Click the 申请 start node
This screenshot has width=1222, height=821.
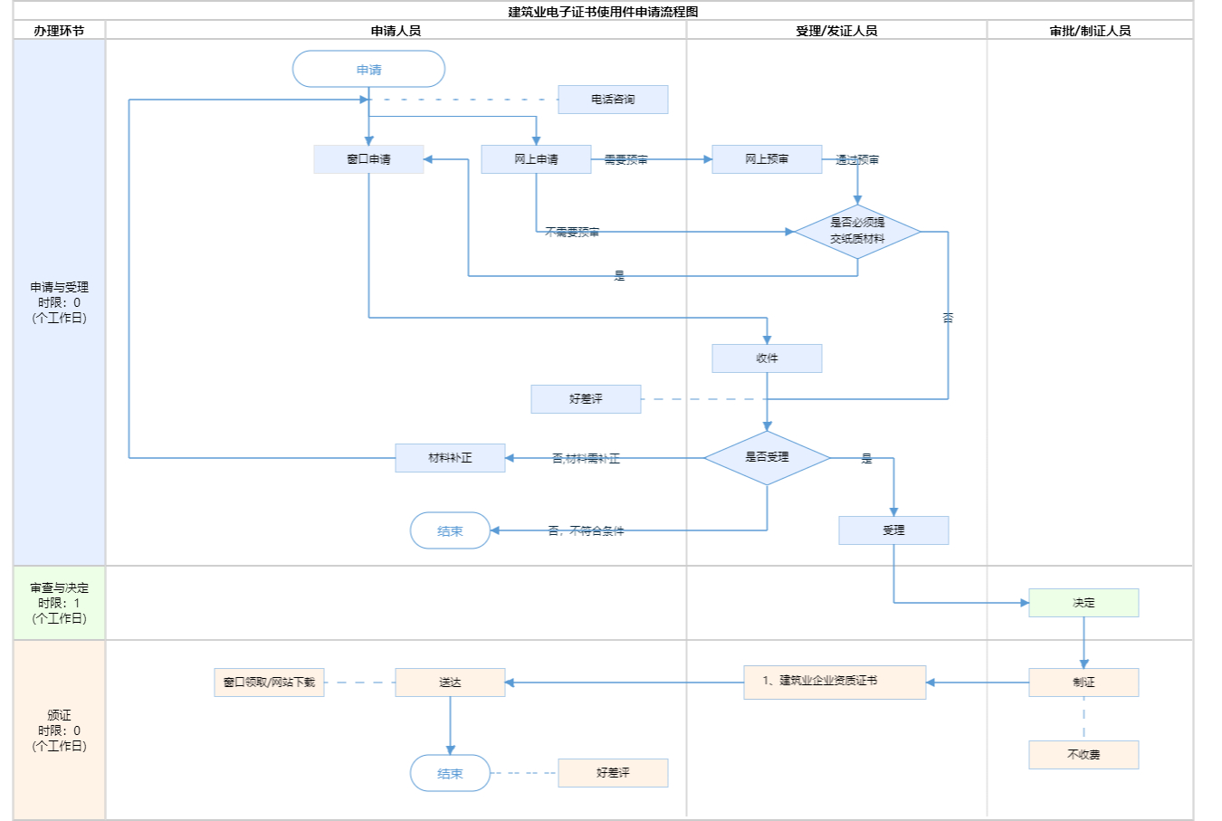368,70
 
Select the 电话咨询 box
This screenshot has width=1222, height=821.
613,100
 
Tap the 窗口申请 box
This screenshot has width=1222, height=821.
368,159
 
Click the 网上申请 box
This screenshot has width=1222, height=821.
536,159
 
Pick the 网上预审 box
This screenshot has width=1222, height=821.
767,159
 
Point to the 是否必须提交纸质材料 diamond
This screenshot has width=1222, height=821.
857,232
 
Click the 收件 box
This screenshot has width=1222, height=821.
767,358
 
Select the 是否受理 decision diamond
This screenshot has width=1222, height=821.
767,458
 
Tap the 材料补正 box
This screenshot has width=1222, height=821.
450,458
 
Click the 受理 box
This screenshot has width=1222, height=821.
893,530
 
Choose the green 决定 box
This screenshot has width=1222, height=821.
1084,603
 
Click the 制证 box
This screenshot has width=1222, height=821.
1084,683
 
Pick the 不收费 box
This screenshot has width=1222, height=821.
1084,755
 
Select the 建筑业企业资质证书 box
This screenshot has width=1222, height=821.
835,682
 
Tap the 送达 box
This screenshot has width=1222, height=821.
450,683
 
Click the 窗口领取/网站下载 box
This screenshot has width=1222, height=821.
269,683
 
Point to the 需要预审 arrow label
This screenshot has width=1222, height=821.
626,160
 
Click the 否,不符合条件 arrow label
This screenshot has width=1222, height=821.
586,531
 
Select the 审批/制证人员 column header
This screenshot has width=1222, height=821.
1090,31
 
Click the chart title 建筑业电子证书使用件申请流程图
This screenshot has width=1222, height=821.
603,12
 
